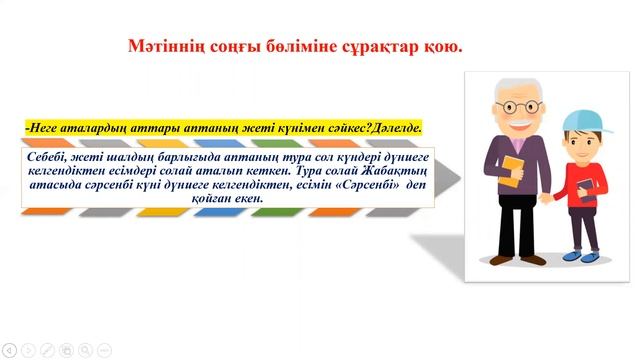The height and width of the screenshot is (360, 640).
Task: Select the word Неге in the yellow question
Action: [46, 129]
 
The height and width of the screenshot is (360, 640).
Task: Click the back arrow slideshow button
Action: [9, 349]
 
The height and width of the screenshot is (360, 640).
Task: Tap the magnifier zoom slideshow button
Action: [84, 349]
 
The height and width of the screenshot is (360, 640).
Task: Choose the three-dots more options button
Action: [103, 349]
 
